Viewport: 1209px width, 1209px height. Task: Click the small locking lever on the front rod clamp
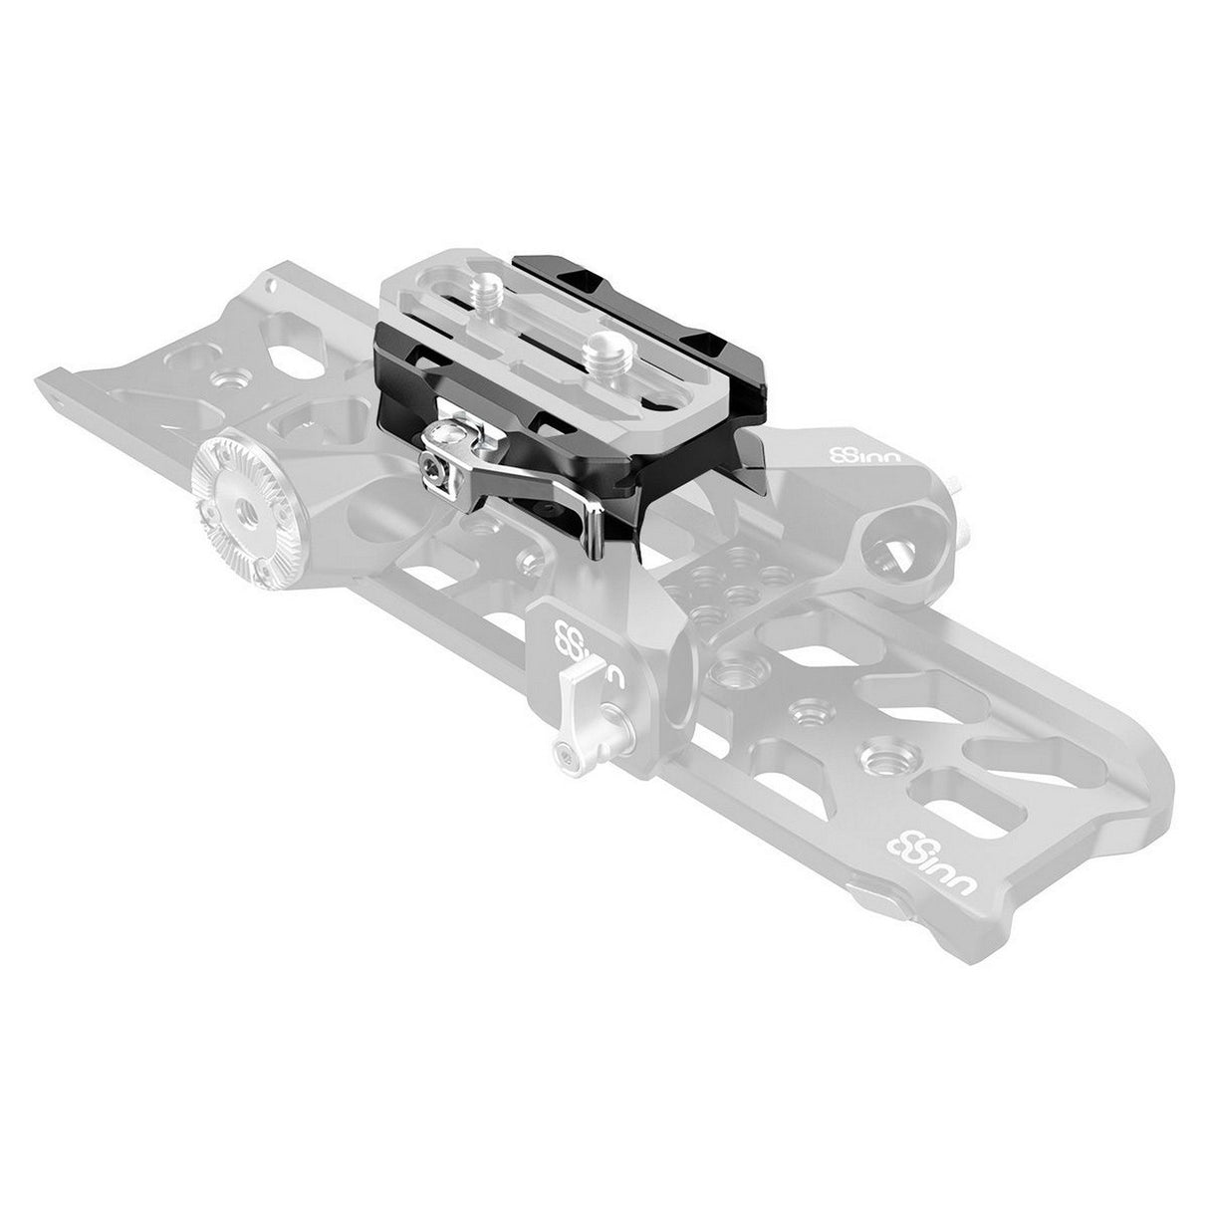(x=576, y=715)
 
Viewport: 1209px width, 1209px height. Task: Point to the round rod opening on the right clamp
(x=886, y=543)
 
